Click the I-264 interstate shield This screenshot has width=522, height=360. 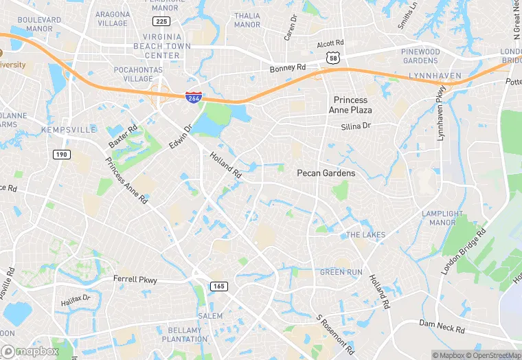click(x=193, y=98)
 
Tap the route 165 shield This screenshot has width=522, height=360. click(x=219, y=286)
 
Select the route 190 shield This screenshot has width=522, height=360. click(x=61, y=155)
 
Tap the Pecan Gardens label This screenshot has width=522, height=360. click(x=326, y=173)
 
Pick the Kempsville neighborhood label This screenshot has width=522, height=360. click(x=69, y=129)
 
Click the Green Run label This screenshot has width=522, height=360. click(x=341, y=272)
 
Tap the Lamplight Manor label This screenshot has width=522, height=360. click(x=442, y=218)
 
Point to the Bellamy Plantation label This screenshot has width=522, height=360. click(x=185, y=335)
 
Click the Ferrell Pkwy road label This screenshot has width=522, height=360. click(x=135, y=280)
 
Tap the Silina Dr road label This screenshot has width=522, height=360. click(x=356, y=126)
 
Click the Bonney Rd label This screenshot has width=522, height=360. click(x=288, y=68)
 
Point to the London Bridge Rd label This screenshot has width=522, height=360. click(x=464, y=251)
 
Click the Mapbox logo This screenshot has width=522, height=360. click(x=30, y=351)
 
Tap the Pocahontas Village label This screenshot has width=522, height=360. click(x=124, y=74)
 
